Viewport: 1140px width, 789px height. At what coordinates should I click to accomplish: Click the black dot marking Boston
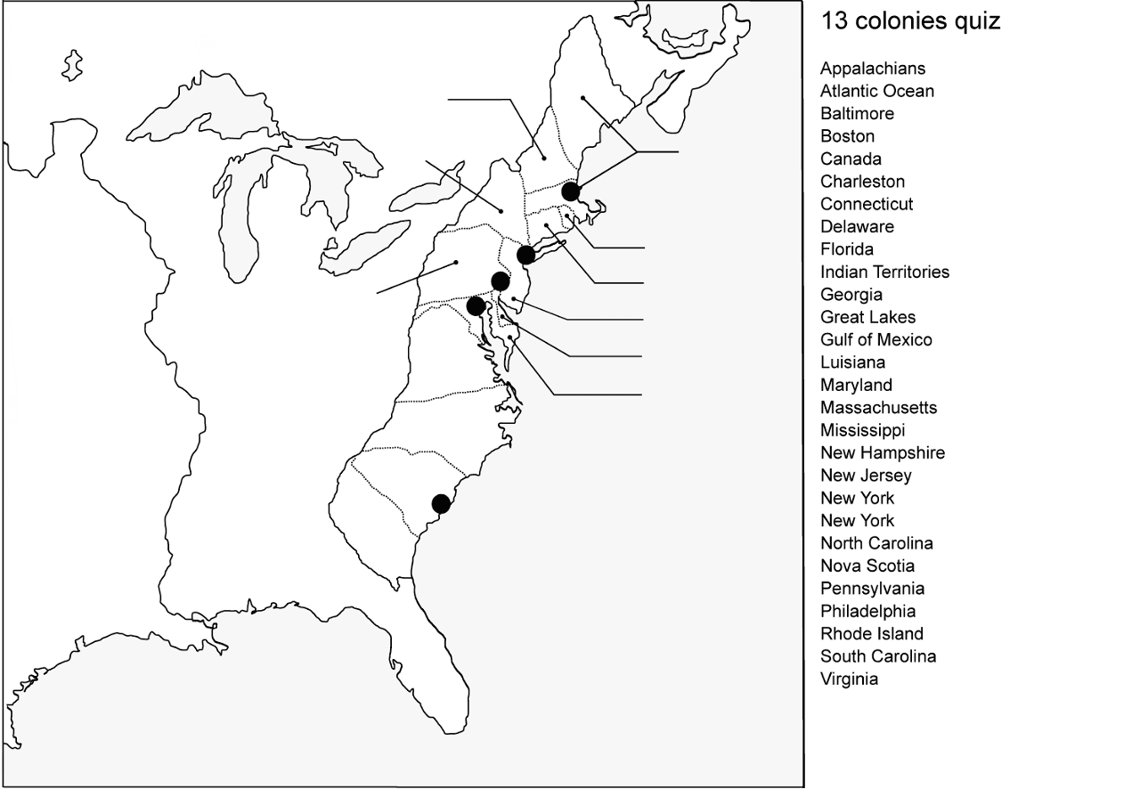point(571,191)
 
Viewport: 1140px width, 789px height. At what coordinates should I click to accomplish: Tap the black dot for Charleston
point(441,504)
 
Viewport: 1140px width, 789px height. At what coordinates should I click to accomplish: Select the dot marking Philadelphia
point(501,282)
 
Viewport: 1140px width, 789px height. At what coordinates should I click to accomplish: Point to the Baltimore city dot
point(476,306)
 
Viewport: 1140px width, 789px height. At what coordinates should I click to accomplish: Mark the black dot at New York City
point(525,256)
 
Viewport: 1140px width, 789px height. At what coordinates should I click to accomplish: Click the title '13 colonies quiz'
point(910,21)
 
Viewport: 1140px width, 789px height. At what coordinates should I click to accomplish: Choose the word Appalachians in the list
point(873,69)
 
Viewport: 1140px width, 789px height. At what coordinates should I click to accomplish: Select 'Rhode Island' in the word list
point(871,634)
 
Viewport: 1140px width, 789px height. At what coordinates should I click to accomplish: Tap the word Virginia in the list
point(849,679)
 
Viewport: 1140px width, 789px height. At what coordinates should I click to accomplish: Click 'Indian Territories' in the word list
point(884,272)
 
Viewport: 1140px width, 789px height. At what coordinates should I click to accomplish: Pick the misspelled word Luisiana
point(852,362)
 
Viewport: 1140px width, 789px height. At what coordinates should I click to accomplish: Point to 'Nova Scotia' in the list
point(867,566)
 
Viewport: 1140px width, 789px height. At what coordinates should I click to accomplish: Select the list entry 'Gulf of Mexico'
point(875,340)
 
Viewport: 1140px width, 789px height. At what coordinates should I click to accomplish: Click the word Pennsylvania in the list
point(872,589)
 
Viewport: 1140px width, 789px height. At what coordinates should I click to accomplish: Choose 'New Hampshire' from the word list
point(882,453)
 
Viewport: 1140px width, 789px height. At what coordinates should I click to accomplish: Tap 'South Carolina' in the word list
point(877,656)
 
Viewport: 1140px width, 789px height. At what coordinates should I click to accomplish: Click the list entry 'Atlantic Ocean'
point(876,91)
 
